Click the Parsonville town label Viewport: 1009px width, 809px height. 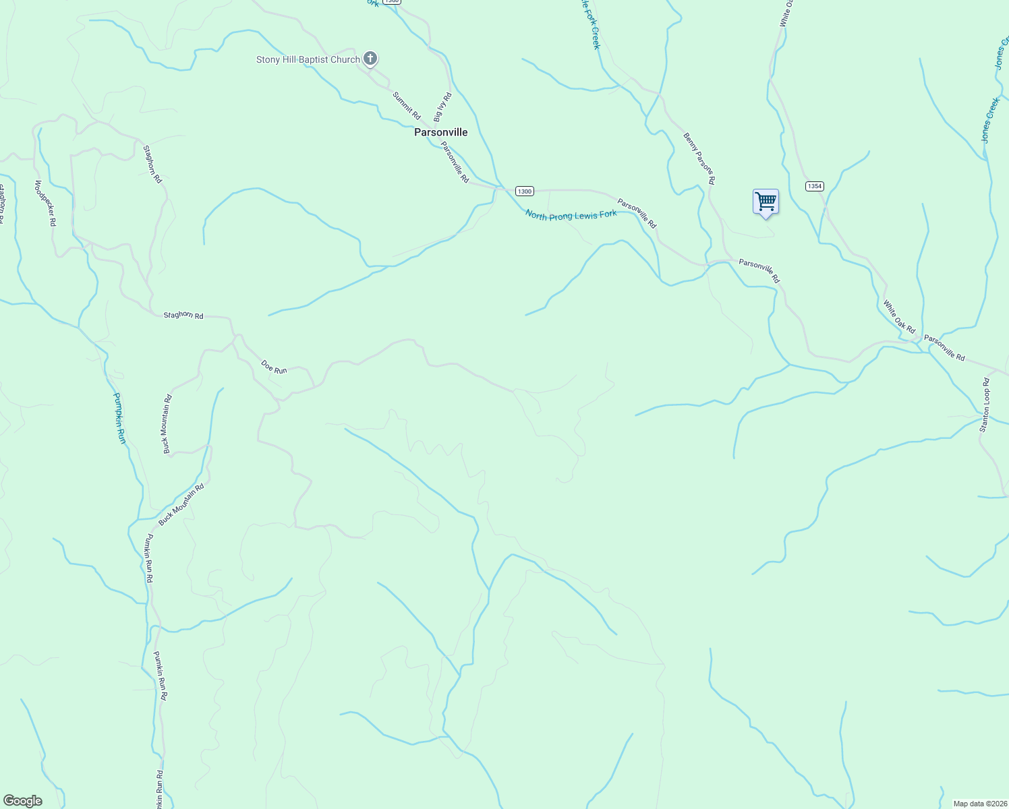point(440,132)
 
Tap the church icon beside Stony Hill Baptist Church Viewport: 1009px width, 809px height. point(370,59)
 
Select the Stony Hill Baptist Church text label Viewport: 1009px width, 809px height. point(308,59)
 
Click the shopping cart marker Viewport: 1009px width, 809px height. point(766,202)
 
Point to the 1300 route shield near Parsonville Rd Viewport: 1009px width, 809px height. point(525,191)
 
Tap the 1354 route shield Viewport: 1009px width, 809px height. point(815,186)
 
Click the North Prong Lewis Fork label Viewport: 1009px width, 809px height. point(571,215)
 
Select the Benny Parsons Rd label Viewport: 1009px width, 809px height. point(699,158)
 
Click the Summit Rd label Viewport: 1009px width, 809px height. point(407,106)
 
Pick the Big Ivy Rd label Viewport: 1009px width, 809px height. point(442,107)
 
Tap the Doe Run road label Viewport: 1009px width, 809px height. point(274,367)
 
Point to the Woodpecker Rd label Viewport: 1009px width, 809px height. point(45,202)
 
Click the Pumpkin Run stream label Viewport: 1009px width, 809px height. point(119,418)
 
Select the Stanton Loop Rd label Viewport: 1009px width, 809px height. point(985,404)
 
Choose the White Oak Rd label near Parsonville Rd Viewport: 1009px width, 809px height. point(899,317)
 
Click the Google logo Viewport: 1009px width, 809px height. point(23,801)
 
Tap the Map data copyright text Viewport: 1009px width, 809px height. point(980,804)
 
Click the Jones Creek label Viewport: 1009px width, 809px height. point(990,120)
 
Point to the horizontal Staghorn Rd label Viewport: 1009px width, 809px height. point(183,315)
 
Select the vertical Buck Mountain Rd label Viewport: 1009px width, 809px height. point(167,423)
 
